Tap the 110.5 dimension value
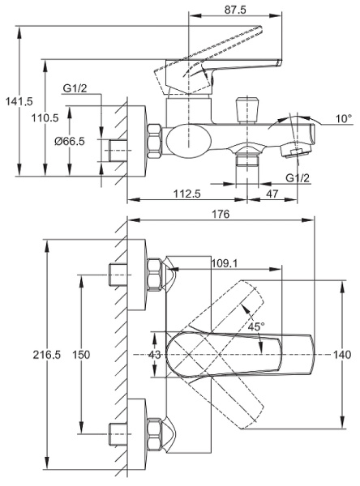[45, 118]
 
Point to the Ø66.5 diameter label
[70, 142]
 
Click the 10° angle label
[344, 119]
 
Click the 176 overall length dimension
[221, 214]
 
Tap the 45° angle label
[256, 327]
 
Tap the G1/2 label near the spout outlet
[297, 179]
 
